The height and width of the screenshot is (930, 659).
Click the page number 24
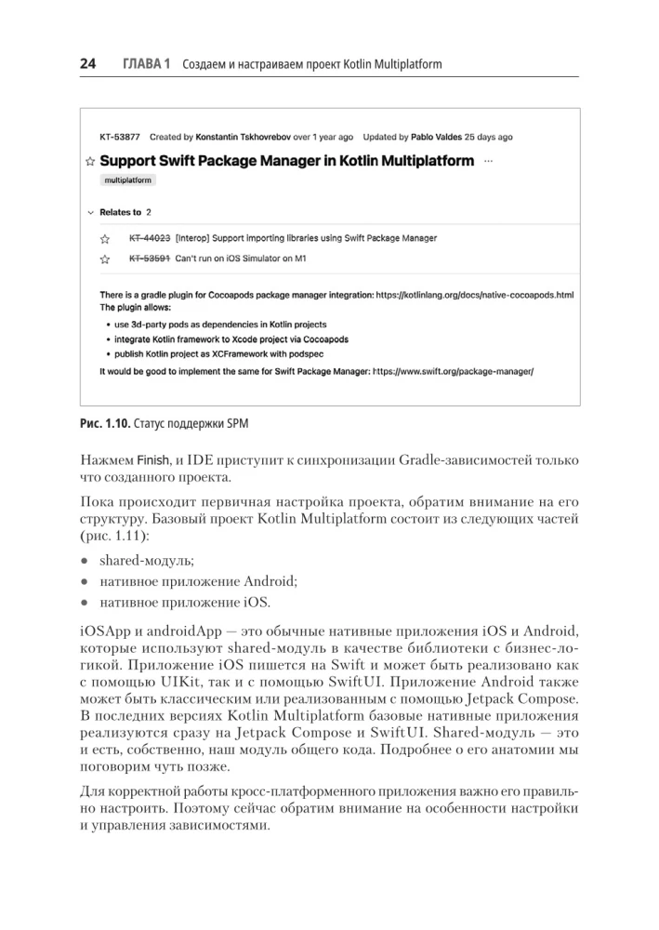[87, 64]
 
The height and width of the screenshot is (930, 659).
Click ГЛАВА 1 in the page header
[147, 64]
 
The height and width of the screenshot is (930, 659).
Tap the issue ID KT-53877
[120, 137]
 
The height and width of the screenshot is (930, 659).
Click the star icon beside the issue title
[89, 162]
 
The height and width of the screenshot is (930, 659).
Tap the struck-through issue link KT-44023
[149, 238]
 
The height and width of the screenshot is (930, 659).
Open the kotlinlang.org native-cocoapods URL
[475, 295]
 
